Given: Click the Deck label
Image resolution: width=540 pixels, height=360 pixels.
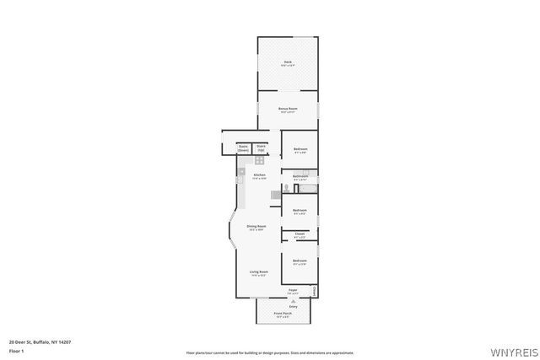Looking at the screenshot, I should coord(288,62).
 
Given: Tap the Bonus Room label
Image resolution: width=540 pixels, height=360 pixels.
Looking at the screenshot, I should coord(288,109).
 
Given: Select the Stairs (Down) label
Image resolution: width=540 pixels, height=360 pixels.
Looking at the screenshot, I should coord(243,148).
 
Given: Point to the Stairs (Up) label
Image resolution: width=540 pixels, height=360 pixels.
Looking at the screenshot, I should coord(261,148).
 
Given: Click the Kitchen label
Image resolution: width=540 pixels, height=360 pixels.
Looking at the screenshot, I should coord(259,175).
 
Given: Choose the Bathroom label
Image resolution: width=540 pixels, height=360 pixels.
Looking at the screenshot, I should coord(300,176).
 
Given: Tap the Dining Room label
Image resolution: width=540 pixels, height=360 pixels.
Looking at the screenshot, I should coord(256,226).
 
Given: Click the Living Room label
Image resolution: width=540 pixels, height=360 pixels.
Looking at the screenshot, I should coord(258,271).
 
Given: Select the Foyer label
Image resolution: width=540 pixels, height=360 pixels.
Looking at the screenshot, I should coord(293,290).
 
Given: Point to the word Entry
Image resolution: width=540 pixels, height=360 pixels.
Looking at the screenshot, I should coord(293,306).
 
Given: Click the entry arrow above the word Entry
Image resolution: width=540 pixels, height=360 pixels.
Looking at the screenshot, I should coord(293,300).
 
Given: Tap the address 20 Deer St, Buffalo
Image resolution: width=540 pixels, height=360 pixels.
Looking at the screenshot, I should coord(40,341).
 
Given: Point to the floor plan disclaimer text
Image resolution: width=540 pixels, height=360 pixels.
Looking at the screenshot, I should coord(270,352).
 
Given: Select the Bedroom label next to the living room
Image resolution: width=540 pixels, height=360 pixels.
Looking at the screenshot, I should coord(300,261).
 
